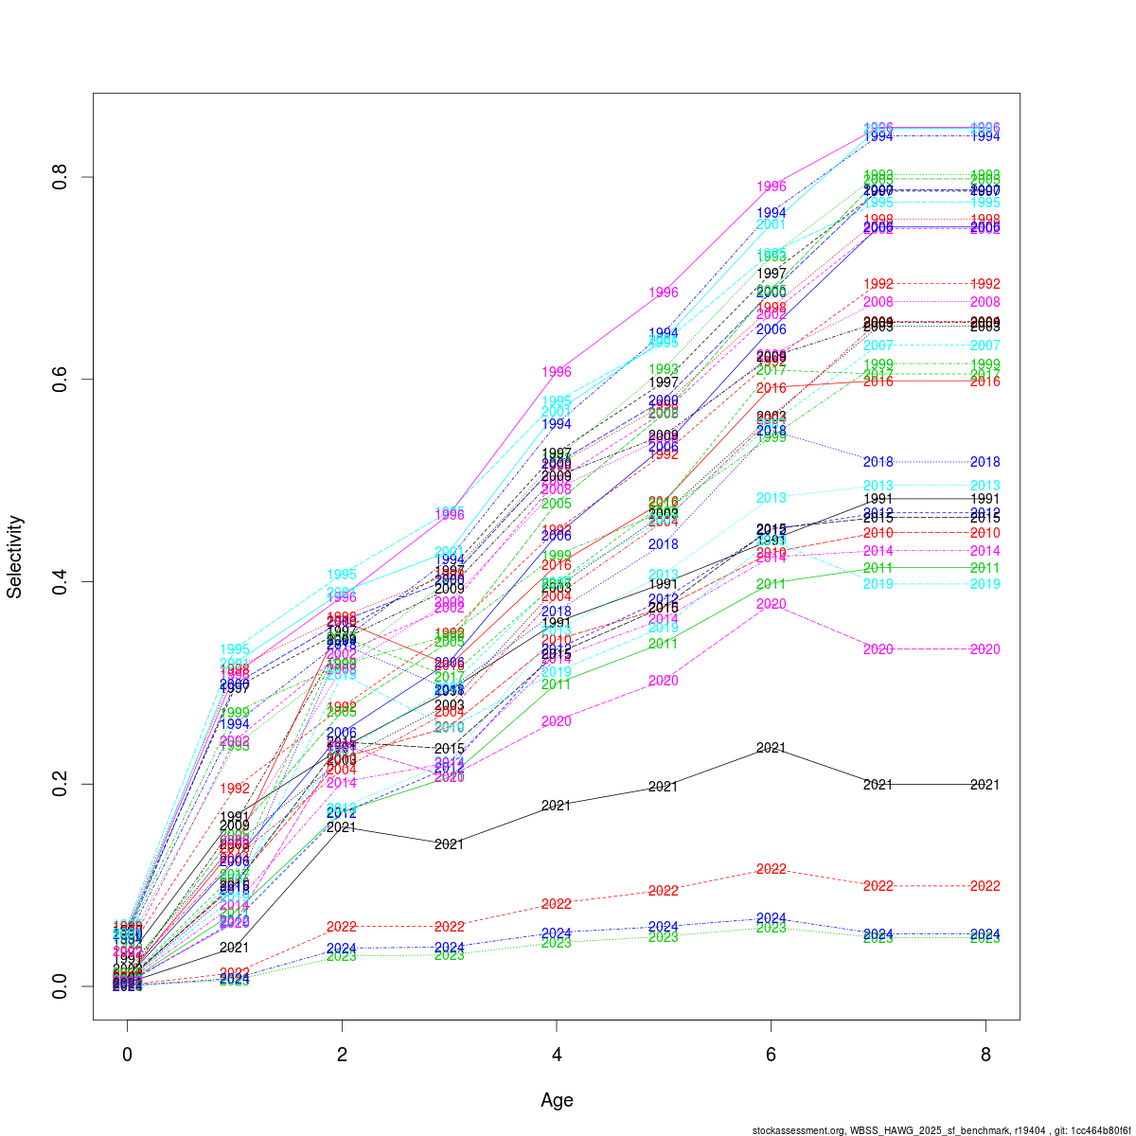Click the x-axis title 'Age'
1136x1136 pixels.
pyautogui.click(x=557, y=1100)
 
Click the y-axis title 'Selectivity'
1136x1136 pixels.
pyautogui.click(x=15, y=557)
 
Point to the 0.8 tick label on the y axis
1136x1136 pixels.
pyautogui.click(x=58, y=177)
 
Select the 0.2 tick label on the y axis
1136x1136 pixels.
pyautogui.click(x=58, y=784)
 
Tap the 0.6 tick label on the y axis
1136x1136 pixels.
pyautogui.click(x=58, y=379)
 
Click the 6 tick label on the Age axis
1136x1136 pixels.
pyautogui.click(x=772, y=1055)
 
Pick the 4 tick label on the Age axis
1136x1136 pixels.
pyautogui.click(x=557, y=1055)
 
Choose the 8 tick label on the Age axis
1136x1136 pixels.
pyautogui.click(x=985, y=1055)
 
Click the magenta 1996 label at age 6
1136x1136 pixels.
pyautogui.click(x=772, y=186)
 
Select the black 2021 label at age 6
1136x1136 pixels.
pyautogui.click(x=772, y=748)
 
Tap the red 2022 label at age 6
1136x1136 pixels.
pyautogui.click(x=772, y=869)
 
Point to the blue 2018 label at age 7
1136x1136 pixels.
pyautogui.click(x=879, y=462)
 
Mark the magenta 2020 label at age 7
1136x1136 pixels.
pyautogui.click(x=879, y=649)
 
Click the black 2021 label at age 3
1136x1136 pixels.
pyautogui.click(x=450, y=843)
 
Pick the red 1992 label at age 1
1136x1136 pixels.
pyautogui.click(x=235, y=789)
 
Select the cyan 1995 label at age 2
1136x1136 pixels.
pyautogui.click(x=342, y=575)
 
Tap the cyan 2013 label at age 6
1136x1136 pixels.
pyautogui.click(x=772, y=498)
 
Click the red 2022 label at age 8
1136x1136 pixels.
pyautogui.click(x=985, y=886)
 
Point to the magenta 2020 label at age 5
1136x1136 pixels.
pyautogui.click(x=664, y=681)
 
